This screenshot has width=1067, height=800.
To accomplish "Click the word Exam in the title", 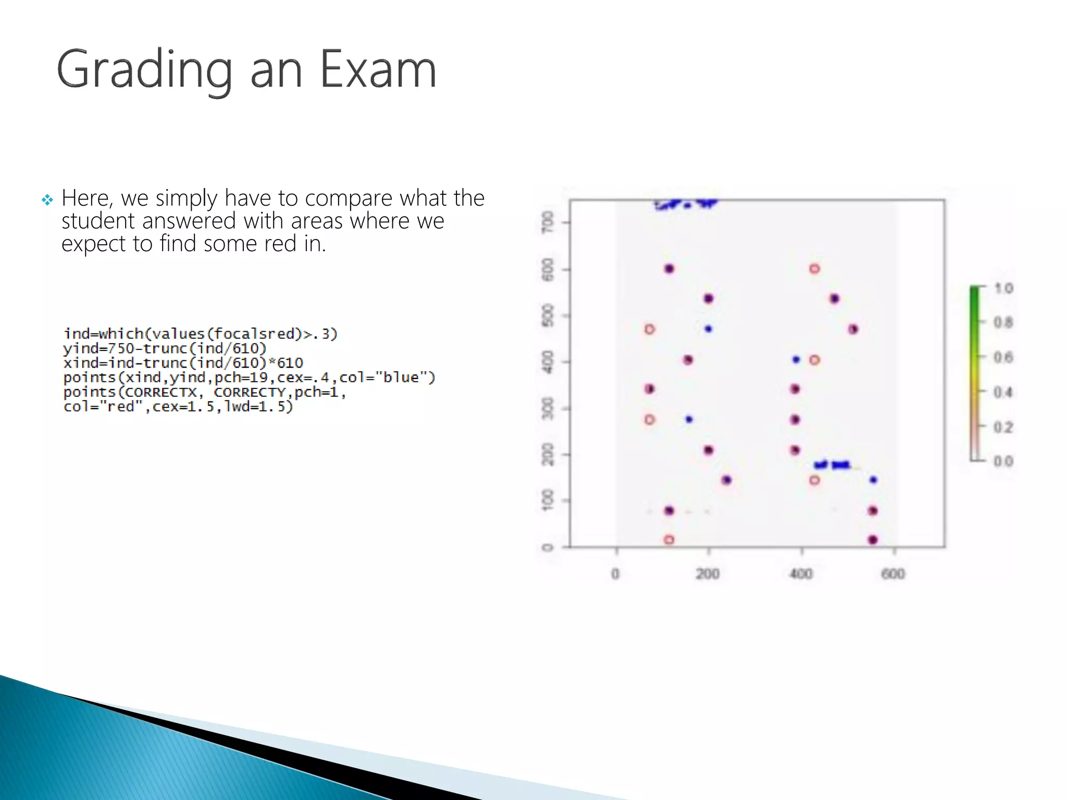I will click(378, 69).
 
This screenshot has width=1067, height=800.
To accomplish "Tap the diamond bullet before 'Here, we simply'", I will click(47, 200).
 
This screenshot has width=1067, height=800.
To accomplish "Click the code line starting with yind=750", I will click(165, 348).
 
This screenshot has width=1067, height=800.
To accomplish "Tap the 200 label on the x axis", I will click(708, 574).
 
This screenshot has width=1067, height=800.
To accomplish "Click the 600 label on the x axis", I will click(893, 574).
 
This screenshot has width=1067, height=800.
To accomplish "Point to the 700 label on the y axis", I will click(548, 222).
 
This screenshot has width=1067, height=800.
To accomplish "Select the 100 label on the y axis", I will click(548, 500).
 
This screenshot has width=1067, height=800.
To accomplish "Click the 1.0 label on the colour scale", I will click(1003, 288).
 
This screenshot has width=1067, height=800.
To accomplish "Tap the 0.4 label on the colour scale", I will click(1003, 392).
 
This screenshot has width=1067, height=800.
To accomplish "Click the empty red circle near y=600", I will click(815, 269).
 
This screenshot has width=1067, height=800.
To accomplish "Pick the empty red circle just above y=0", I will click(669, 540).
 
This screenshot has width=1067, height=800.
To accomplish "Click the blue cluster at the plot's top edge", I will click(686, 204).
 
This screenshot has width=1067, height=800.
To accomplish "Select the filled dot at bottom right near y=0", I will click(873, 540).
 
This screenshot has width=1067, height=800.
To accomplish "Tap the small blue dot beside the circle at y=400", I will click(796, 359).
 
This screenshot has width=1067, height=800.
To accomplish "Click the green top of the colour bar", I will click(974, 294).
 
